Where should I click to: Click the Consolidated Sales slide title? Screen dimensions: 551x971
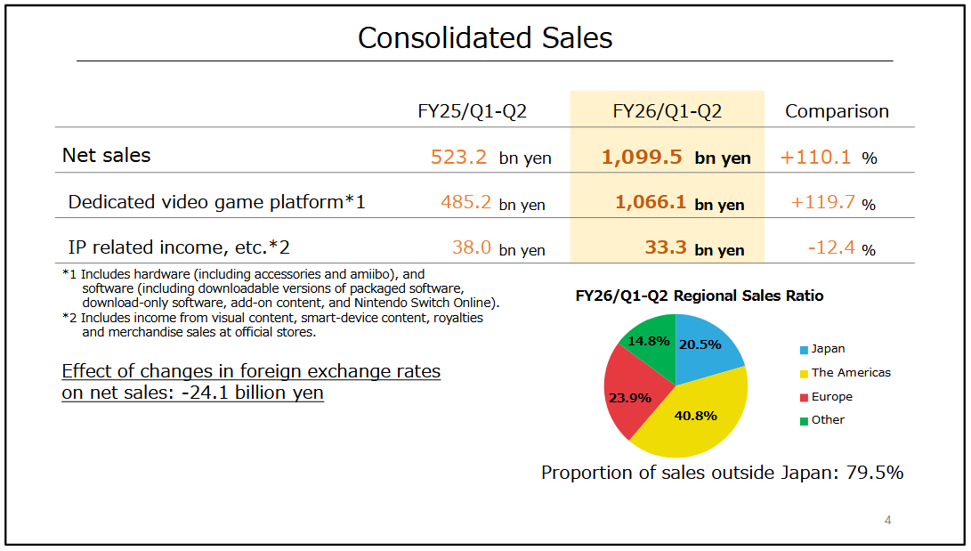pos(485,37)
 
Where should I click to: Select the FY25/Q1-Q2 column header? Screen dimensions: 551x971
pos(472,111)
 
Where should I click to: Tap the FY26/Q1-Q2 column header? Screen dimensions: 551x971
pos(667,111)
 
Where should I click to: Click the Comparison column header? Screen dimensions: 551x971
pos(837,111)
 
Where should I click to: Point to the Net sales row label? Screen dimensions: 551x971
pos(106,155)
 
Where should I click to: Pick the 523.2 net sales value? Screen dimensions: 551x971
pos(458,158)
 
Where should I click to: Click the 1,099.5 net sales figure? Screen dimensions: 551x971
pos(642,158)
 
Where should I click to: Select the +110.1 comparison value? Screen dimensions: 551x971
pos(815,158)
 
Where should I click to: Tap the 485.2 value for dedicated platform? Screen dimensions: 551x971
pos(465,203)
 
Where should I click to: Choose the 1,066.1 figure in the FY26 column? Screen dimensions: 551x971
pos(651,203)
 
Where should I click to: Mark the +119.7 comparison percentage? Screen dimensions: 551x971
pos(822,203)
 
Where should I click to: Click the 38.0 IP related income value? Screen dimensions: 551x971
pos(472,248)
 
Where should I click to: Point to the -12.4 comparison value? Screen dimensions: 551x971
pos(831,248)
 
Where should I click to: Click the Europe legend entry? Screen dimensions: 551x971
pos(831,397)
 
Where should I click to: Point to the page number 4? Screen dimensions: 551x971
pos(887,521)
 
